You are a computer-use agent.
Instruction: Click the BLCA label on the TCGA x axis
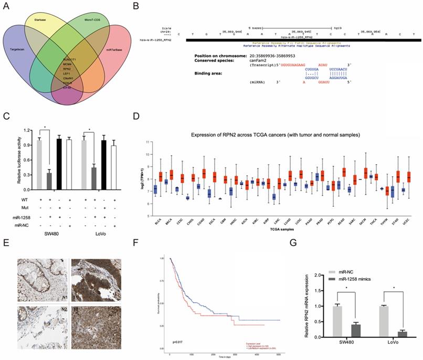point(157,211)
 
